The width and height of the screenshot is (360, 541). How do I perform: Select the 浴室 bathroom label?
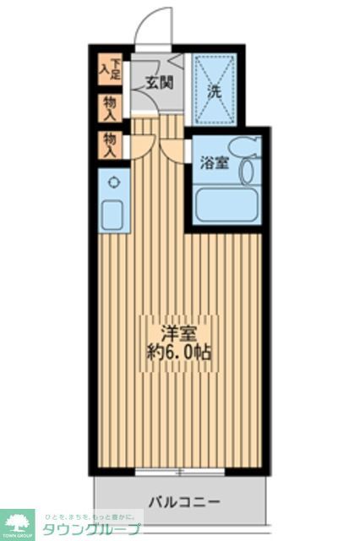tap(213, 162)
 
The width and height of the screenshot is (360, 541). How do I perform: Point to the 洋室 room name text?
tap(175, 332)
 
